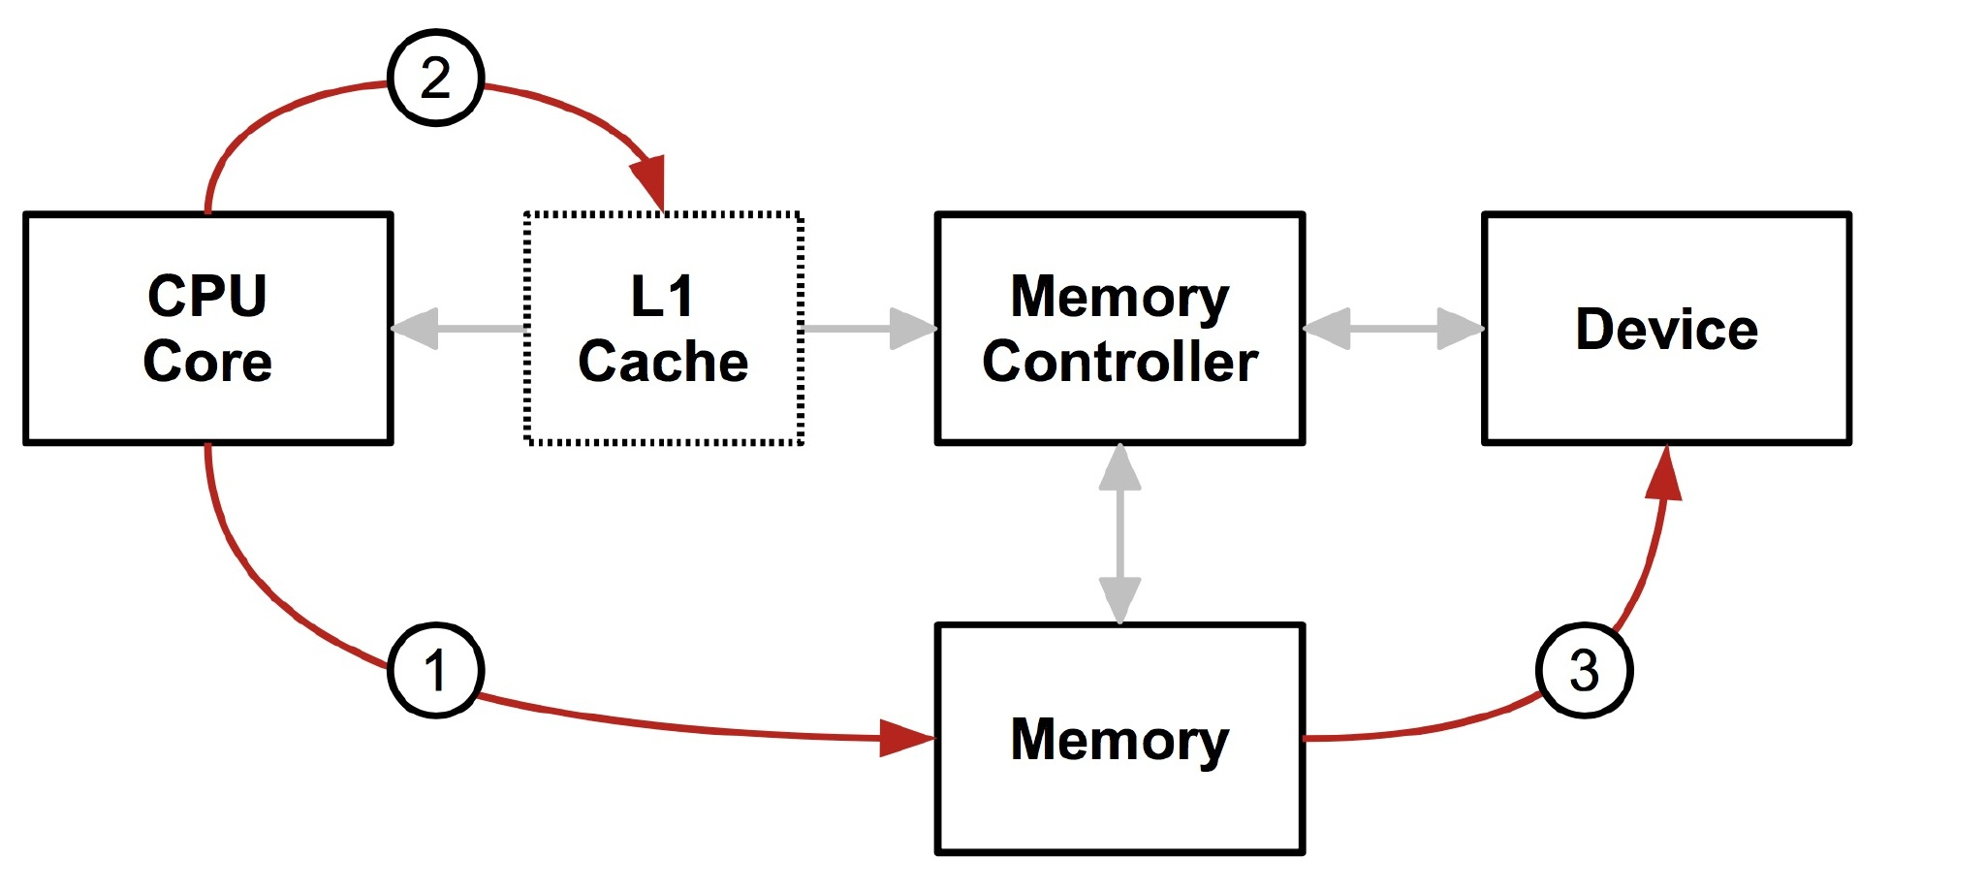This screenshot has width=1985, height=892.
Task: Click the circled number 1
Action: click(x=435, y=670)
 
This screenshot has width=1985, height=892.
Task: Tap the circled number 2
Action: click(x=435, y=78)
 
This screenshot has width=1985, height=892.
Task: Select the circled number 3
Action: click(x=1584, y=670)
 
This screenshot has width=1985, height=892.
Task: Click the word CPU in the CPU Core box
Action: click(x=207, y=296)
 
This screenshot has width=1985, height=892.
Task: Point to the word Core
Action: click(x=207, y=362)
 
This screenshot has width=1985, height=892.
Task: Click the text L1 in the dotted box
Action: click(x=662, y=296)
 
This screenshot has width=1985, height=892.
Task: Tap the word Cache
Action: click(x=663, y=362)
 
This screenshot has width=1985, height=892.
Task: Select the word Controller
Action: click(x=1119, y=362)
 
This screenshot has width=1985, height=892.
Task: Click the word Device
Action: click(x=1666, y=330)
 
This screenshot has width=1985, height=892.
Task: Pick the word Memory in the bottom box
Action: click(x=1119, y=740)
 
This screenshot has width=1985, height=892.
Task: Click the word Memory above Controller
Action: click(x=1119, y=297)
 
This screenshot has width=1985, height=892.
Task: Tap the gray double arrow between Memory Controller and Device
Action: click(x=1393, y=329)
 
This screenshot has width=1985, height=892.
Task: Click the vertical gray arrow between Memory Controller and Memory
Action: click(x=1119, y=533)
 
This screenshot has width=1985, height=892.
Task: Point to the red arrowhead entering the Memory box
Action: click(x=905, y=738)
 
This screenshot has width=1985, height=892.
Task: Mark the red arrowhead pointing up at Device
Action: click(x=1664, y=475)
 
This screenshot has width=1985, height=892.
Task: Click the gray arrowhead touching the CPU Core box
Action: click(x=415, y=329)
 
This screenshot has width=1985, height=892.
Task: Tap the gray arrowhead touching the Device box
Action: click(x=1460, y=329)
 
